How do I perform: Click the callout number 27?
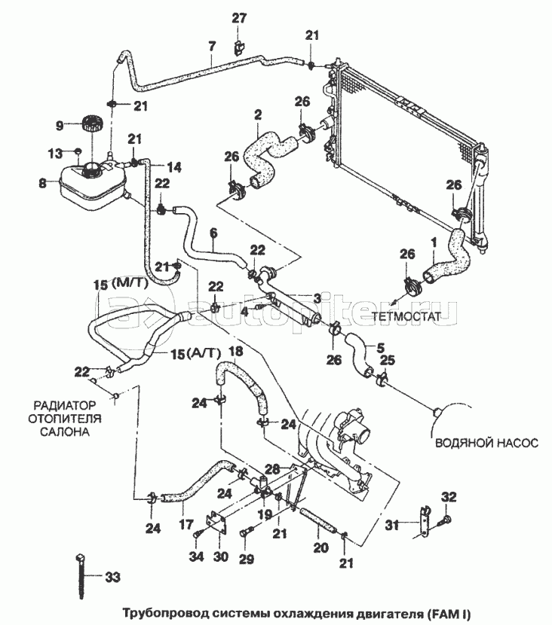tap(239, 18)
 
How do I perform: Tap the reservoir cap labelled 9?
tap(92, 123)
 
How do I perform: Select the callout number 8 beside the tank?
tap(43, 184)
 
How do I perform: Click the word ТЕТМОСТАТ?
tap(406, 317)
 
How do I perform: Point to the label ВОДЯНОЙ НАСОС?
tap(486, 443)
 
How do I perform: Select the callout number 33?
tap(112, 577)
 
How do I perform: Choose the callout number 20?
tap(320, 548)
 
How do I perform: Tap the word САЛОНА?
tap(65, 431)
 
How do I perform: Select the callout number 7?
tap(212, 47)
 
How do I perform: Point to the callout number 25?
tap(387, 361)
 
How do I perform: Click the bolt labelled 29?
tap(245, 532)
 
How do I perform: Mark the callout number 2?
tap(258, 115)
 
